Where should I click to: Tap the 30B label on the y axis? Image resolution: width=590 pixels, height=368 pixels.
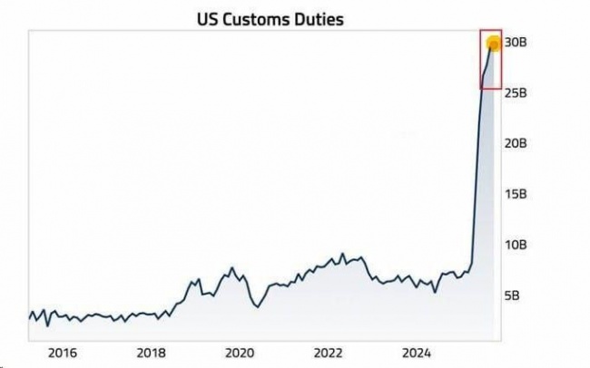(x=516, y=43)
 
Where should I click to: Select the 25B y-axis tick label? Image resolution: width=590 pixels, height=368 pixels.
(x=516, y=93)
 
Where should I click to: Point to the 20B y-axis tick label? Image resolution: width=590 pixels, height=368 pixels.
(x=516, y=143)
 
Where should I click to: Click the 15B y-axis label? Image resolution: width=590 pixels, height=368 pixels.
(x=516, y=194)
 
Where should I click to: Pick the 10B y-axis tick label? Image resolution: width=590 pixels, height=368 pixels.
(x=516, y=245)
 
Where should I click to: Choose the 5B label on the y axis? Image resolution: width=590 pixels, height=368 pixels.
(x=513, y=295)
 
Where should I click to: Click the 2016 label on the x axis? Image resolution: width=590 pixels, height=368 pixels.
(x=62, y=352)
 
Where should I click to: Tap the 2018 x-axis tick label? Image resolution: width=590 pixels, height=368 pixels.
(x=151, y=352)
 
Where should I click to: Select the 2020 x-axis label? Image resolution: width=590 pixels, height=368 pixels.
(x=239, y=352)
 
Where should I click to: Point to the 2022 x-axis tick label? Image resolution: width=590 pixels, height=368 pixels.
(x=328, y=352)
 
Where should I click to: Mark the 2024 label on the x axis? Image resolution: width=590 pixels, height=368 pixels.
(x=417, y=352)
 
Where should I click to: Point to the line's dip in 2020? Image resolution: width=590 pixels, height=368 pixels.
(x=257, y=307)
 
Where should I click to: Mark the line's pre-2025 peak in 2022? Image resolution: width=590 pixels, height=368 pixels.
(x=342, y=254)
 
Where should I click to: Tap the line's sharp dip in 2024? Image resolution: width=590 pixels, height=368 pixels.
(x=435, y=292)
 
